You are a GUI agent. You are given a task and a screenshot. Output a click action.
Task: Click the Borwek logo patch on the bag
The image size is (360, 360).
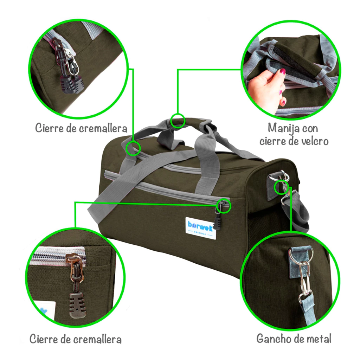[x=201, y=227]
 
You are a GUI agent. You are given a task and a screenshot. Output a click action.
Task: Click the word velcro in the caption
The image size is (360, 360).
[x=315, y=141]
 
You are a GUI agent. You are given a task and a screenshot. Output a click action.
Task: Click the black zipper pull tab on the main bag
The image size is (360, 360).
[x=217, y=223]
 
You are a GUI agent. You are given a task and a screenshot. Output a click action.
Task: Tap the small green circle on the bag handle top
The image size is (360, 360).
[x=178, y=121]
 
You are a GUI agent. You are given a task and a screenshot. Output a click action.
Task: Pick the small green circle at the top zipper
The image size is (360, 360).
[x=133, y=148]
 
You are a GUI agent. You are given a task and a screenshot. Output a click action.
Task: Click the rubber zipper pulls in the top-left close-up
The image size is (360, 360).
[x=72, y=84]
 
